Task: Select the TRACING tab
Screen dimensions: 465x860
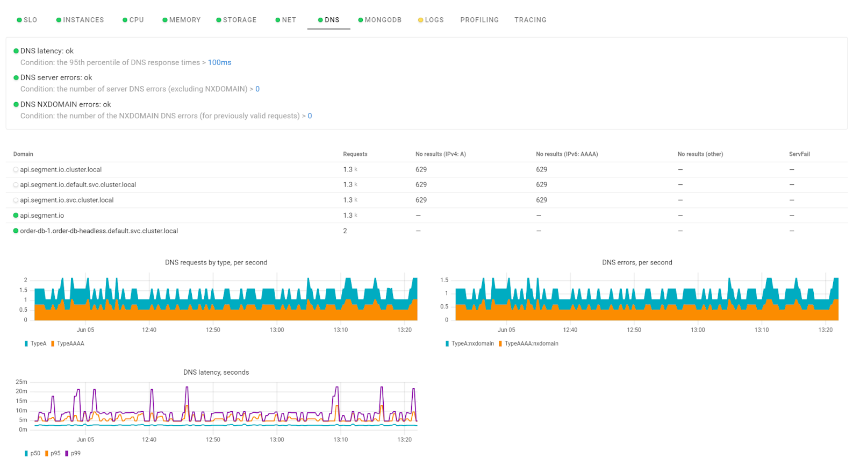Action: click(530, 20)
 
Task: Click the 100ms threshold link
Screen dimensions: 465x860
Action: click(219, 62)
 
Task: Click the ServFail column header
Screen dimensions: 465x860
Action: click(799, 154)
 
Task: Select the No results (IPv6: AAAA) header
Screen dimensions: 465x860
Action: click(567, 154)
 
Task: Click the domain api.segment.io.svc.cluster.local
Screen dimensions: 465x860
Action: click(67, 200)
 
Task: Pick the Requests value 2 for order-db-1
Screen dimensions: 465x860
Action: click(345, 231)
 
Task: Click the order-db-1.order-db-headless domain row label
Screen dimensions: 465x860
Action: click(99, 231)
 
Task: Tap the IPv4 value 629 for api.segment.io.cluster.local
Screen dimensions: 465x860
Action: click(421, 169)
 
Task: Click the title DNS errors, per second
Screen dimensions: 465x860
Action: click(637, 262)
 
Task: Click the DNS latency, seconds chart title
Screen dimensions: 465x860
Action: click(216, 372)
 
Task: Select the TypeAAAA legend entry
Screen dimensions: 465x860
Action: click(70, 344)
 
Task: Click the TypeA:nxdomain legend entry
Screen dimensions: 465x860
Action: click(472, 344)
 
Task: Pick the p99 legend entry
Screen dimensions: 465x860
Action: click(75, 453)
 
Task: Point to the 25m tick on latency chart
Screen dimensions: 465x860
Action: click(21, 382)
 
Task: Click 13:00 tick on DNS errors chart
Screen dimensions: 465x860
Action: click(698, 330)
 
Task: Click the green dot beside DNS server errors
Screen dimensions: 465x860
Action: click(16, 77)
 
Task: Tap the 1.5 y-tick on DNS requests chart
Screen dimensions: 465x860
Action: click(23, 290)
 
